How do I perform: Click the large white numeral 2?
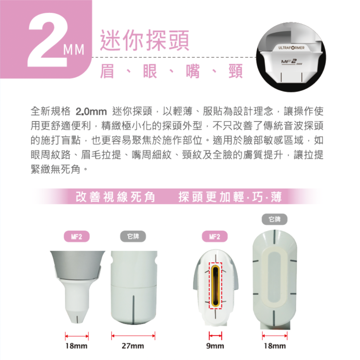point(47,40)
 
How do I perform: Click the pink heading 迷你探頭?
point(144,40)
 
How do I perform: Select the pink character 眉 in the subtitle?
point(107,71)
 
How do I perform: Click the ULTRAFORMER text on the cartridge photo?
point(291,48)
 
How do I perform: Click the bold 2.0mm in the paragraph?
point(91,112)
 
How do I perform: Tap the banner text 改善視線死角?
point(115,197)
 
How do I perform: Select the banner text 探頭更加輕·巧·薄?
point(230,197)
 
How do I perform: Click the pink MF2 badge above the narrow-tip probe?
point(77,237)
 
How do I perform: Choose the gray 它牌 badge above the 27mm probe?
point(133,237)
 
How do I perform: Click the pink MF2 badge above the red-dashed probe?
point(215,237)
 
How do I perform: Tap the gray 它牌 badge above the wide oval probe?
point(275,219)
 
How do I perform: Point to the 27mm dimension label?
point(133,346)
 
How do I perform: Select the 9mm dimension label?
point(215,346)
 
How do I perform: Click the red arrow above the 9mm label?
point(216,336)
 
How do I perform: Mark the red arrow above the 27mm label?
point(133,336)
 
